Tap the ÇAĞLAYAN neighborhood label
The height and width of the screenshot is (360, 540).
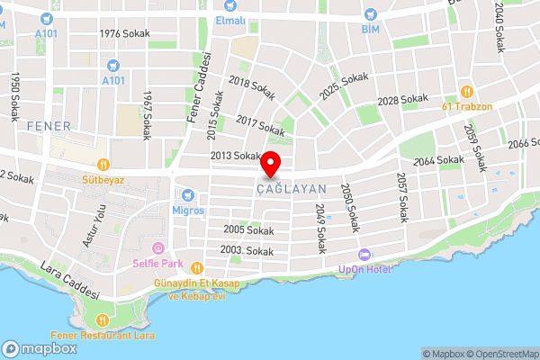[290, 189]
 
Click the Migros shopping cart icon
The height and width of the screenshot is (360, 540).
[187, 194]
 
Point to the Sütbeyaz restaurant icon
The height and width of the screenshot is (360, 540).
[103, 164]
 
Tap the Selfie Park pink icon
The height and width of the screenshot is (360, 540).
[158, 248]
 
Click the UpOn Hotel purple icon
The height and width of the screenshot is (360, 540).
[364, 255]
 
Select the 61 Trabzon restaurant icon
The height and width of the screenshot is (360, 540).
[466, 91]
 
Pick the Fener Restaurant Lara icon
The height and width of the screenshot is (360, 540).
[103, 319]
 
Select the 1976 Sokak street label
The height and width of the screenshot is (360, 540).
[124, 33]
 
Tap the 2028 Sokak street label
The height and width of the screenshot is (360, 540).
[402, 99]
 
